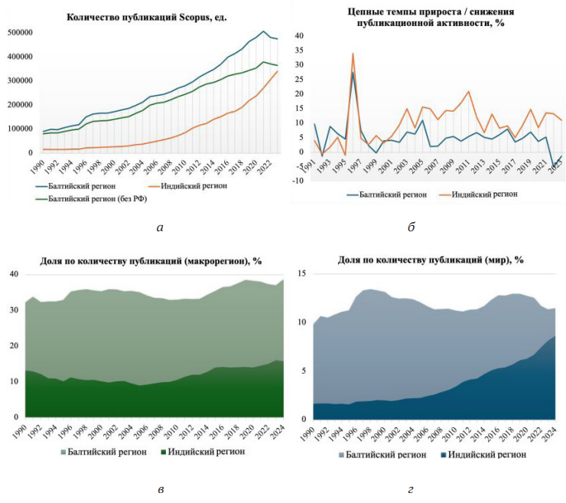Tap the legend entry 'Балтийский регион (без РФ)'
coord(97,199)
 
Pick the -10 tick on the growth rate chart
coord(300,181)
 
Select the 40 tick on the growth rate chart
coord(300,35)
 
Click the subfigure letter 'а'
coord(158,227)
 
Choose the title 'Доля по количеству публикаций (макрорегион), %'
coord(151,261)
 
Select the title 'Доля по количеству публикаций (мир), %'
coord(431,260)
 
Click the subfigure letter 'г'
coord(411,488)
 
